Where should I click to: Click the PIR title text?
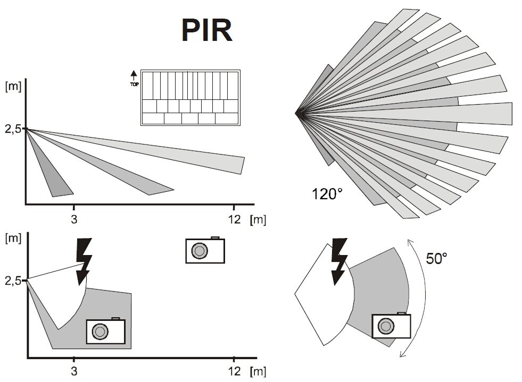click(x=207, y=30)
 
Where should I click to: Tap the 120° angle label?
click(x=327, y=194)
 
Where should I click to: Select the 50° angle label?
click(x=436, y=258)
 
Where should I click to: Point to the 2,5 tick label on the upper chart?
click(x=13, y=129)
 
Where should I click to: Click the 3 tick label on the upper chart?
click(x=74, y=219)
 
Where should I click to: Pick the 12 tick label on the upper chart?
click(x=234, y=219)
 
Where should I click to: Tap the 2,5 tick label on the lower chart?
click(x=13, y=281)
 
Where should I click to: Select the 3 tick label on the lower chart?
click(x=74, y=371)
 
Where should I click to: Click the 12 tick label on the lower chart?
click(x=234, y=371)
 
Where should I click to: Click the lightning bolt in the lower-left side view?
click(x=84, y=261)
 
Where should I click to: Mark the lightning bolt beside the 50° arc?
click(x=339, y=261)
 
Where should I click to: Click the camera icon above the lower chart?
click(x=205, y=250)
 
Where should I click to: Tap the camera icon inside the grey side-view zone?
click(x=105, y=331)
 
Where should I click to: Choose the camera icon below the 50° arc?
click(x=391, y=326)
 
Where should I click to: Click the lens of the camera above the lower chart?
click(x=200, y=251)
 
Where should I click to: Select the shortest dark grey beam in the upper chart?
click(x=50, y=166)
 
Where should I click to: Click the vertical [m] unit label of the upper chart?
click(x=13, y=87)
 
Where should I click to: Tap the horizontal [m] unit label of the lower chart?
click(x=258, y=371)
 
